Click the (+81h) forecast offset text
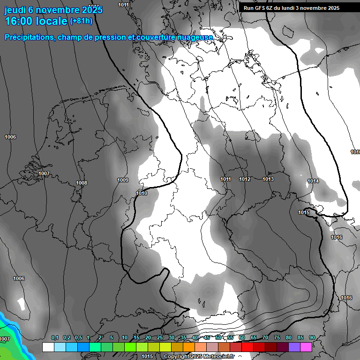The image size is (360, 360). coord(81,21)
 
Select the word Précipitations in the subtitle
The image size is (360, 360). coord(28,37)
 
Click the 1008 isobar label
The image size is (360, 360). coord(82,183)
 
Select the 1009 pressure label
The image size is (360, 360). coord(123,180)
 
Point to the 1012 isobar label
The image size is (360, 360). coord(245,179)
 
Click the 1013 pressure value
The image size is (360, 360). coord(268,179)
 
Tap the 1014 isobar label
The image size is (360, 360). coord(313,181)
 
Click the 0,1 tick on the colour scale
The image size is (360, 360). coord(54,338)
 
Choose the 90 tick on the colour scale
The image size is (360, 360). coord(312,338)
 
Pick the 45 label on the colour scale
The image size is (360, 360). coord(206,338)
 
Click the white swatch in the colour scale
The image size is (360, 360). coord(48,347)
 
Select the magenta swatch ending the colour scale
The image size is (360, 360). coord(306,347)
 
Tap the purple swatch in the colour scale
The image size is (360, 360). coord(294,347)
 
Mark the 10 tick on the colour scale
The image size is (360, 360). coord(124,338)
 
